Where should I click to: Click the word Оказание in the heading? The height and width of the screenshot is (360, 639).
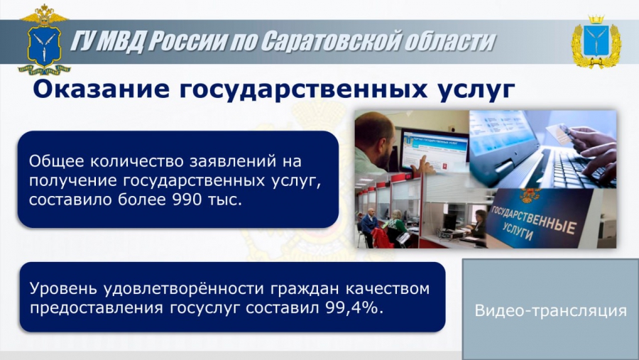pos(101,89)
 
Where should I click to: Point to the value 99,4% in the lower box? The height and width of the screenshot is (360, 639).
pos(354,308)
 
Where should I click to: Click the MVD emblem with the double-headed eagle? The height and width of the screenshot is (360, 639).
pos(44,40)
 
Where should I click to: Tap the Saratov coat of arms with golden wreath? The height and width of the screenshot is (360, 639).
pos(596,42)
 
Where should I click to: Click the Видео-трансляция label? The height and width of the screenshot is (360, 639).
pos(550,311)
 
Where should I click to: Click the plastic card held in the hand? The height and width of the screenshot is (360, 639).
pos(559,133)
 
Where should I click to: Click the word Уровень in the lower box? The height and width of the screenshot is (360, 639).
pos(64,289)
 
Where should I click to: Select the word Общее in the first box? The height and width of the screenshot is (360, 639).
pos(57,161)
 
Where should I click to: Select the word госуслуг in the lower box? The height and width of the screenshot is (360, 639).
pos(205,309)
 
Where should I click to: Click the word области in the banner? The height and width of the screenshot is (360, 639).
pos(445,42)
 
